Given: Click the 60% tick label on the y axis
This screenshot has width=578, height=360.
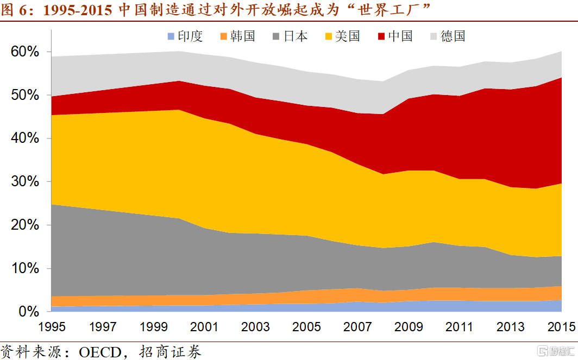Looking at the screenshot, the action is click(x=24, y=52).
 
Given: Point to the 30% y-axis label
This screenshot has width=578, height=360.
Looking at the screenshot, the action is click(x=24, y=181).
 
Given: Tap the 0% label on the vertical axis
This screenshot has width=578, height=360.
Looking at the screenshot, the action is click(x=29, y=311).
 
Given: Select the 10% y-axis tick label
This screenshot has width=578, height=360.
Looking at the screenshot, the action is click(x=24, y=268).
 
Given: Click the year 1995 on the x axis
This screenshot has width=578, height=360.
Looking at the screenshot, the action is click(x=52, y=327).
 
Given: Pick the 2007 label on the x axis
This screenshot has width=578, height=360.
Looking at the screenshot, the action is click(x=357, y=327).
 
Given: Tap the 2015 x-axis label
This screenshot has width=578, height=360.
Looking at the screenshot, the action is click(x=561, y=327).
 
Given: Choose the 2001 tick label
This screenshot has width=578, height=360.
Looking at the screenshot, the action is click(x=204, y=327).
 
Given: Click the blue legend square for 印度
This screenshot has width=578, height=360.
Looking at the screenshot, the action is click(x=171, y=36).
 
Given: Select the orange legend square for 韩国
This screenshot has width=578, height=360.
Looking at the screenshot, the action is click(x=223, y=36).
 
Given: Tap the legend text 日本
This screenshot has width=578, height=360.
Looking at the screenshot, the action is click(x=296, y=36).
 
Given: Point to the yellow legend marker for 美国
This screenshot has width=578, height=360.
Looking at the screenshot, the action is click(x=329, y=36).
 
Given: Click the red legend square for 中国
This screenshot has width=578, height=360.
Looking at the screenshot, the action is click(x=381, y=36).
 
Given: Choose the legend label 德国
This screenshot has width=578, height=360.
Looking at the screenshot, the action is click(x=453, y=36).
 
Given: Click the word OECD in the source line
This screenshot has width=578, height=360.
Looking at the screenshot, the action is click(x=100, y=352).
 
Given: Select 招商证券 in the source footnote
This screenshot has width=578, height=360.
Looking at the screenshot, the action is click(x=170, y=352).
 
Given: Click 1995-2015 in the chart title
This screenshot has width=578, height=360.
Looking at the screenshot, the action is click(x=77, y=10).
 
